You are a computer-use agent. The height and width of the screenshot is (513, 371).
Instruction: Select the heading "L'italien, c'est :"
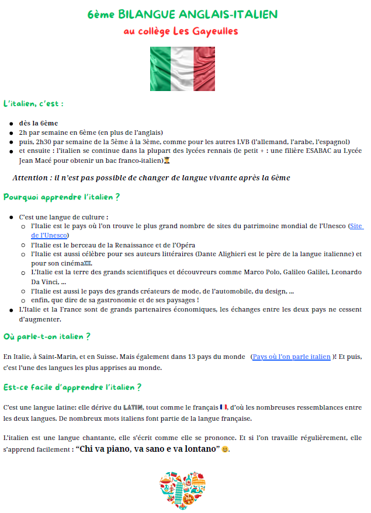click(33, 104)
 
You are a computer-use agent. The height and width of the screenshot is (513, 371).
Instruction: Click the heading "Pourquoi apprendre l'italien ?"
click(61, 197)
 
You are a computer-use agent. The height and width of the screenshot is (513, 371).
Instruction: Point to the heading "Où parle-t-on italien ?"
click(47, 337)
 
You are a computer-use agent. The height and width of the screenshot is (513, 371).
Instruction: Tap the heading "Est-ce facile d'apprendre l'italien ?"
click(72, 387)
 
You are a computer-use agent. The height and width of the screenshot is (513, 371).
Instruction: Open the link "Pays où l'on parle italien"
click(292, 357)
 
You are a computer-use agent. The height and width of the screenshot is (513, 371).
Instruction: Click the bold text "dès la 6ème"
click(39, 123)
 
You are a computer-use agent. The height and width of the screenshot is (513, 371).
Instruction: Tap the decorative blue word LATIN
click(134, 406)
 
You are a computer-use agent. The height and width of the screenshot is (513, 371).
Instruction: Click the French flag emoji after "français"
click(224, 406)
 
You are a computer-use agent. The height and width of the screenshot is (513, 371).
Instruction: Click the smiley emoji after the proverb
click(225, 449)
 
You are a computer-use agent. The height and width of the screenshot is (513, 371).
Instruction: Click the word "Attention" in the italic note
click(33, 177)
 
